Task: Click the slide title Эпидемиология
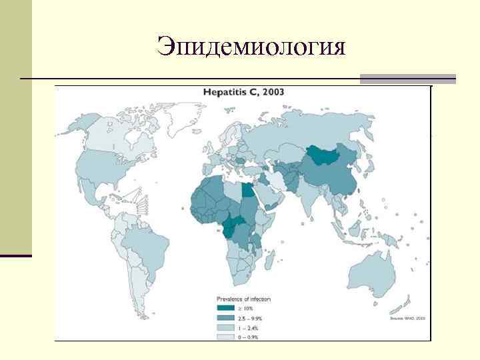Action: (x=251, y=46)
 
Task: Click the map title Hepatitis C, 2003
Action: (x=243, y=92)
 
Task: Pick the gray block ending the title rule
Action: (x=407, y=79)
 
